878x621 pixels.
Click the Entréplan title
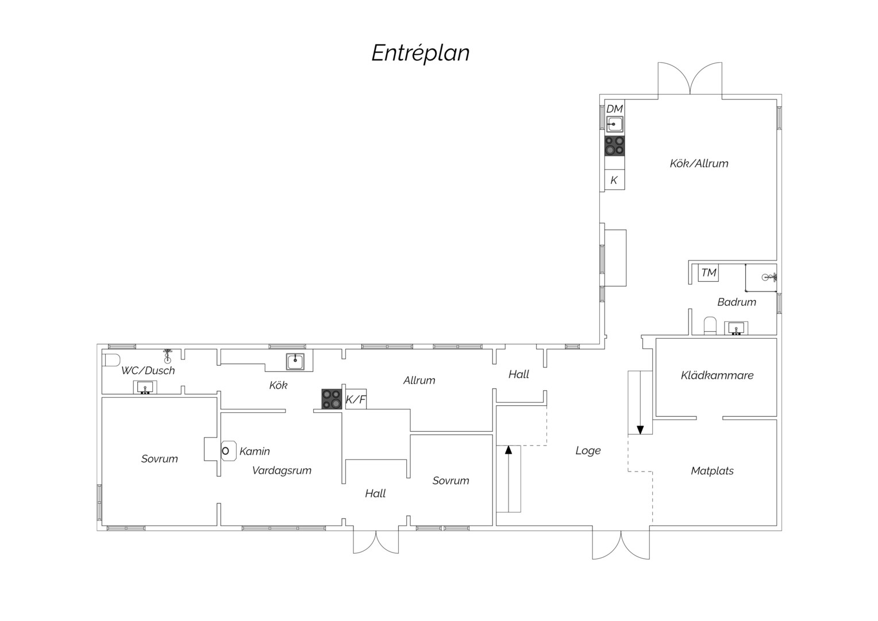pos(420,53)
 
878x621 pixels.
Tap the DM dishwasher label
pos(614,109)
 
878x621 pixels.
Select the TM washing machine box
pos(708,272)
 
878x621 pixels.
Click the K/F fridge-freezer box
pos(356,400)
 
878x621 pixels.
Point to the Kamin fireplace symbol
pos(228,451)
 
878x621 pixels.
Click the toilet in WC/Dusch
pos(111,360)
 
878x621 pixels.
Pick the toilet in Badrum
pos(710,325)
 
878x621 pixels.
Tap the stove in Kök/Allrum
pos(614,145)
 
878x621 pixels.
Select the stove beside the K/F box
pos(332,399)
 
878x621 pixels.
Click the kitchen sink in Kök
pos(295,362)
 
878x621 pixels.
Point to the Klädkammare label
pos(717,375)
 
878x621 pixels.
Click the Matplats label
pos(712,471)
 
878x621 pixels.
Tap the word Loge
pos(588,451)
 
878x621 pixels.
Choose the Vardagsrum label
pos(282,470)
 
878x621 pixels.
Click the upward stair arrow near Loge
pos(509,478)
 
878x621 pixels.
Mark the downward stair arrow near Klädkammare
pos(640,402)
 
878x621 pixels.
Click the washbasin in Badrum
pos(735,328)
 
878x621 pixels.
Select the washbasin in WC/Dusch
pos(145,387)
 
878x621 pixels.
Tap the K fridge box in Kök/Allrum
pos(614,179)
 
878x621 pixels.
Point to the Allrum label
pos(419,380)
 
